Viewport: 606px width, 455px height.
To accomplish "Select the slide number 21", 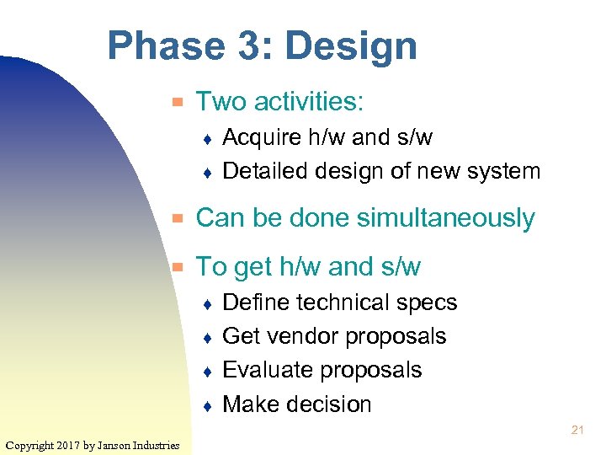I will click(x=577, y=430).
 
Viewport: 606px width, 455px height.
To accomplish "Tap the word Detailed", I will click(x=266, y=171).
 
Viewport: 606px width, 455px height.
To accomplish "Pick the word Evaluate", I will click(x=271, y=370).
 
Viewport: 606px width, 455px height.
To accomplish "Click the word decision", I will click(x=332, y=404).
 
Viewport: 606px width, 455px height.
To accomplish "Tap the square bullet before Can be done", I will click(x=178, y=219).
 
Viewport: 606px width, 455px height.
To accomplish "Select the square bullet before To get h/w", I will click(x=178, y=268).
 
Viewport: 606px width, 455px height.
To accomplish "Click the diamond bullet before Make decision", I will click(x=208, y=405).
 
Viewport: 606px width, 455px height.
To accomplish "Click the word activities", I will click(x=308, y=103).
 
